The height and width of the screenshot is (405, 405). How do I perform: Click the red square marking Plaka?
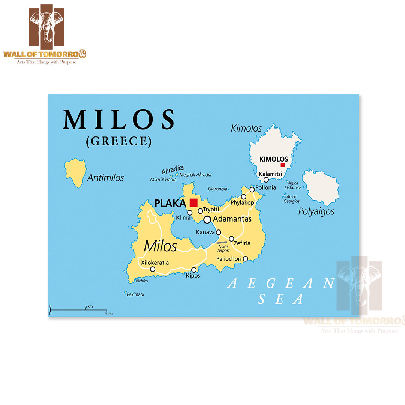193,202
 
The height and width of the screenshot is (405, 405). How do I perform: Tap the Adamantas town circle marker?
207,220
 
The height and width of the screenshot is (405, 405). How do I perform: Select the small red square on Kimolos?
283,165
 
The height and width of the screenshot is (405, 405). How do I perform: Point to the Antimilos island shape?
75,172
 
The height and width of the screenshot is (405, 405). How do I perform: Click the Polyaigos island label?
316,211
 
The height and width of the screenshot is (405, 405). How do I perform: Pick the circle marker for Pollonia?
252,190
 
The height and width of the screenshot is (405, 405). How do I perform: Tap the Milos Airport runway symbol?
222,243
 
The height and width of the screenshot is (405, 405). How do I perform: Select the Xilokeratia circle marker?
153,269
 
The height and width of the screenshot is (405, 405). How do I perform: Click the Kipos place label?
193,276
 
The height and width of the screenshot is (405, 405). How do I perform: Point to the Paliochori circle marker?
246,259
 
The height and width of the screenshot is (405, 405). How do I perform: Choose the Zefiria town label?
242,243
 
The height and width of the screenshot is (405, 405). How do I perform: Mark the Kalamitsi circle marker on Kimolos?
266,180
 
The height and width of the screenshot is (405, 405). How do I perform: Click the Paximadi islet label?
135,294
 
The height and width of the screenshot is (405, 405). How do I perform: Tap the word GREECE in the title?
119,141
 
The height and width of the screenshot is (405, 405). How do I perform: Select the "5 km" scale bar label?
89,306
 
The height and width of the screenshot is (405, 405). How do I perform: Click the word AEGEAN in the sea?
280,283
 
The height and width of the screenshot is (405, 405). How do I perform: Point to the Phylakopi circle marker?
244,197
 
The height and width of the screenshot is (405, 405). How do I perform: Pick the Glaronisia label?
217,189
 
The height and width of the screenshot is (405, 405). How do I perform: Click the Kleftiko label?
142,280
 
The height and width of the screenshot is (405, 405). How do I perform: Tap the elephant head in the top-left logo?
46,24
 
